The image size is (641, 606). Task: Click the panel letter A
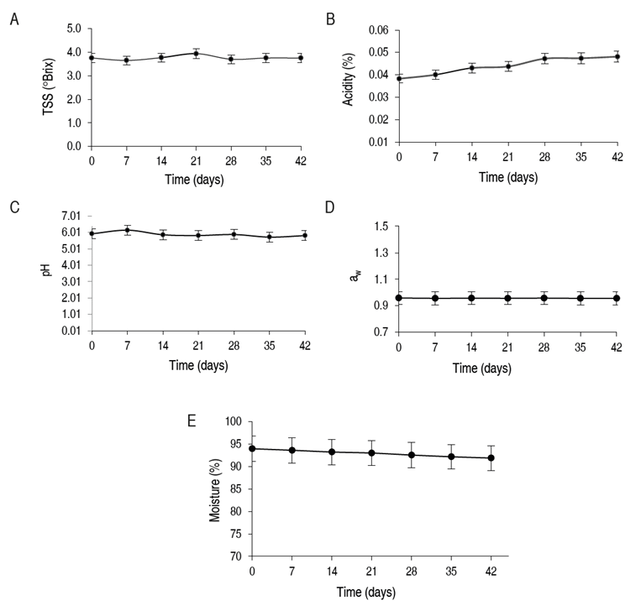coord(13,19)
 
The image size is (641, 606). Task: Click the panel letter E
coord(192,421)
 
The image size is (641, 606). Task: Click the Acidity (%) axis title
coord(349,87)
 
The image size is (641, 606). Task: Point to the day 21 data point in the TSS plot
coord(196,54)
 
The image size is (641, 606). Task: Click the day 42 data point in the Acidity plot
coord(616,57)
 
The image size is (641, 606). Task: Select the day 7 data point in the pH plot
coord(127,230)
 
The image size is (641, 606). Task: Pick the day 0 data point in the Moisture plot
coord(252,448)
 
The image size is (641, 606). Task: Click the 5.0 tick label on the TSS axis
coord(73,29)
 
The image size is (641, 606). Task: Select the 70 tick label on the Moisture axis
coord(237,556)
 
